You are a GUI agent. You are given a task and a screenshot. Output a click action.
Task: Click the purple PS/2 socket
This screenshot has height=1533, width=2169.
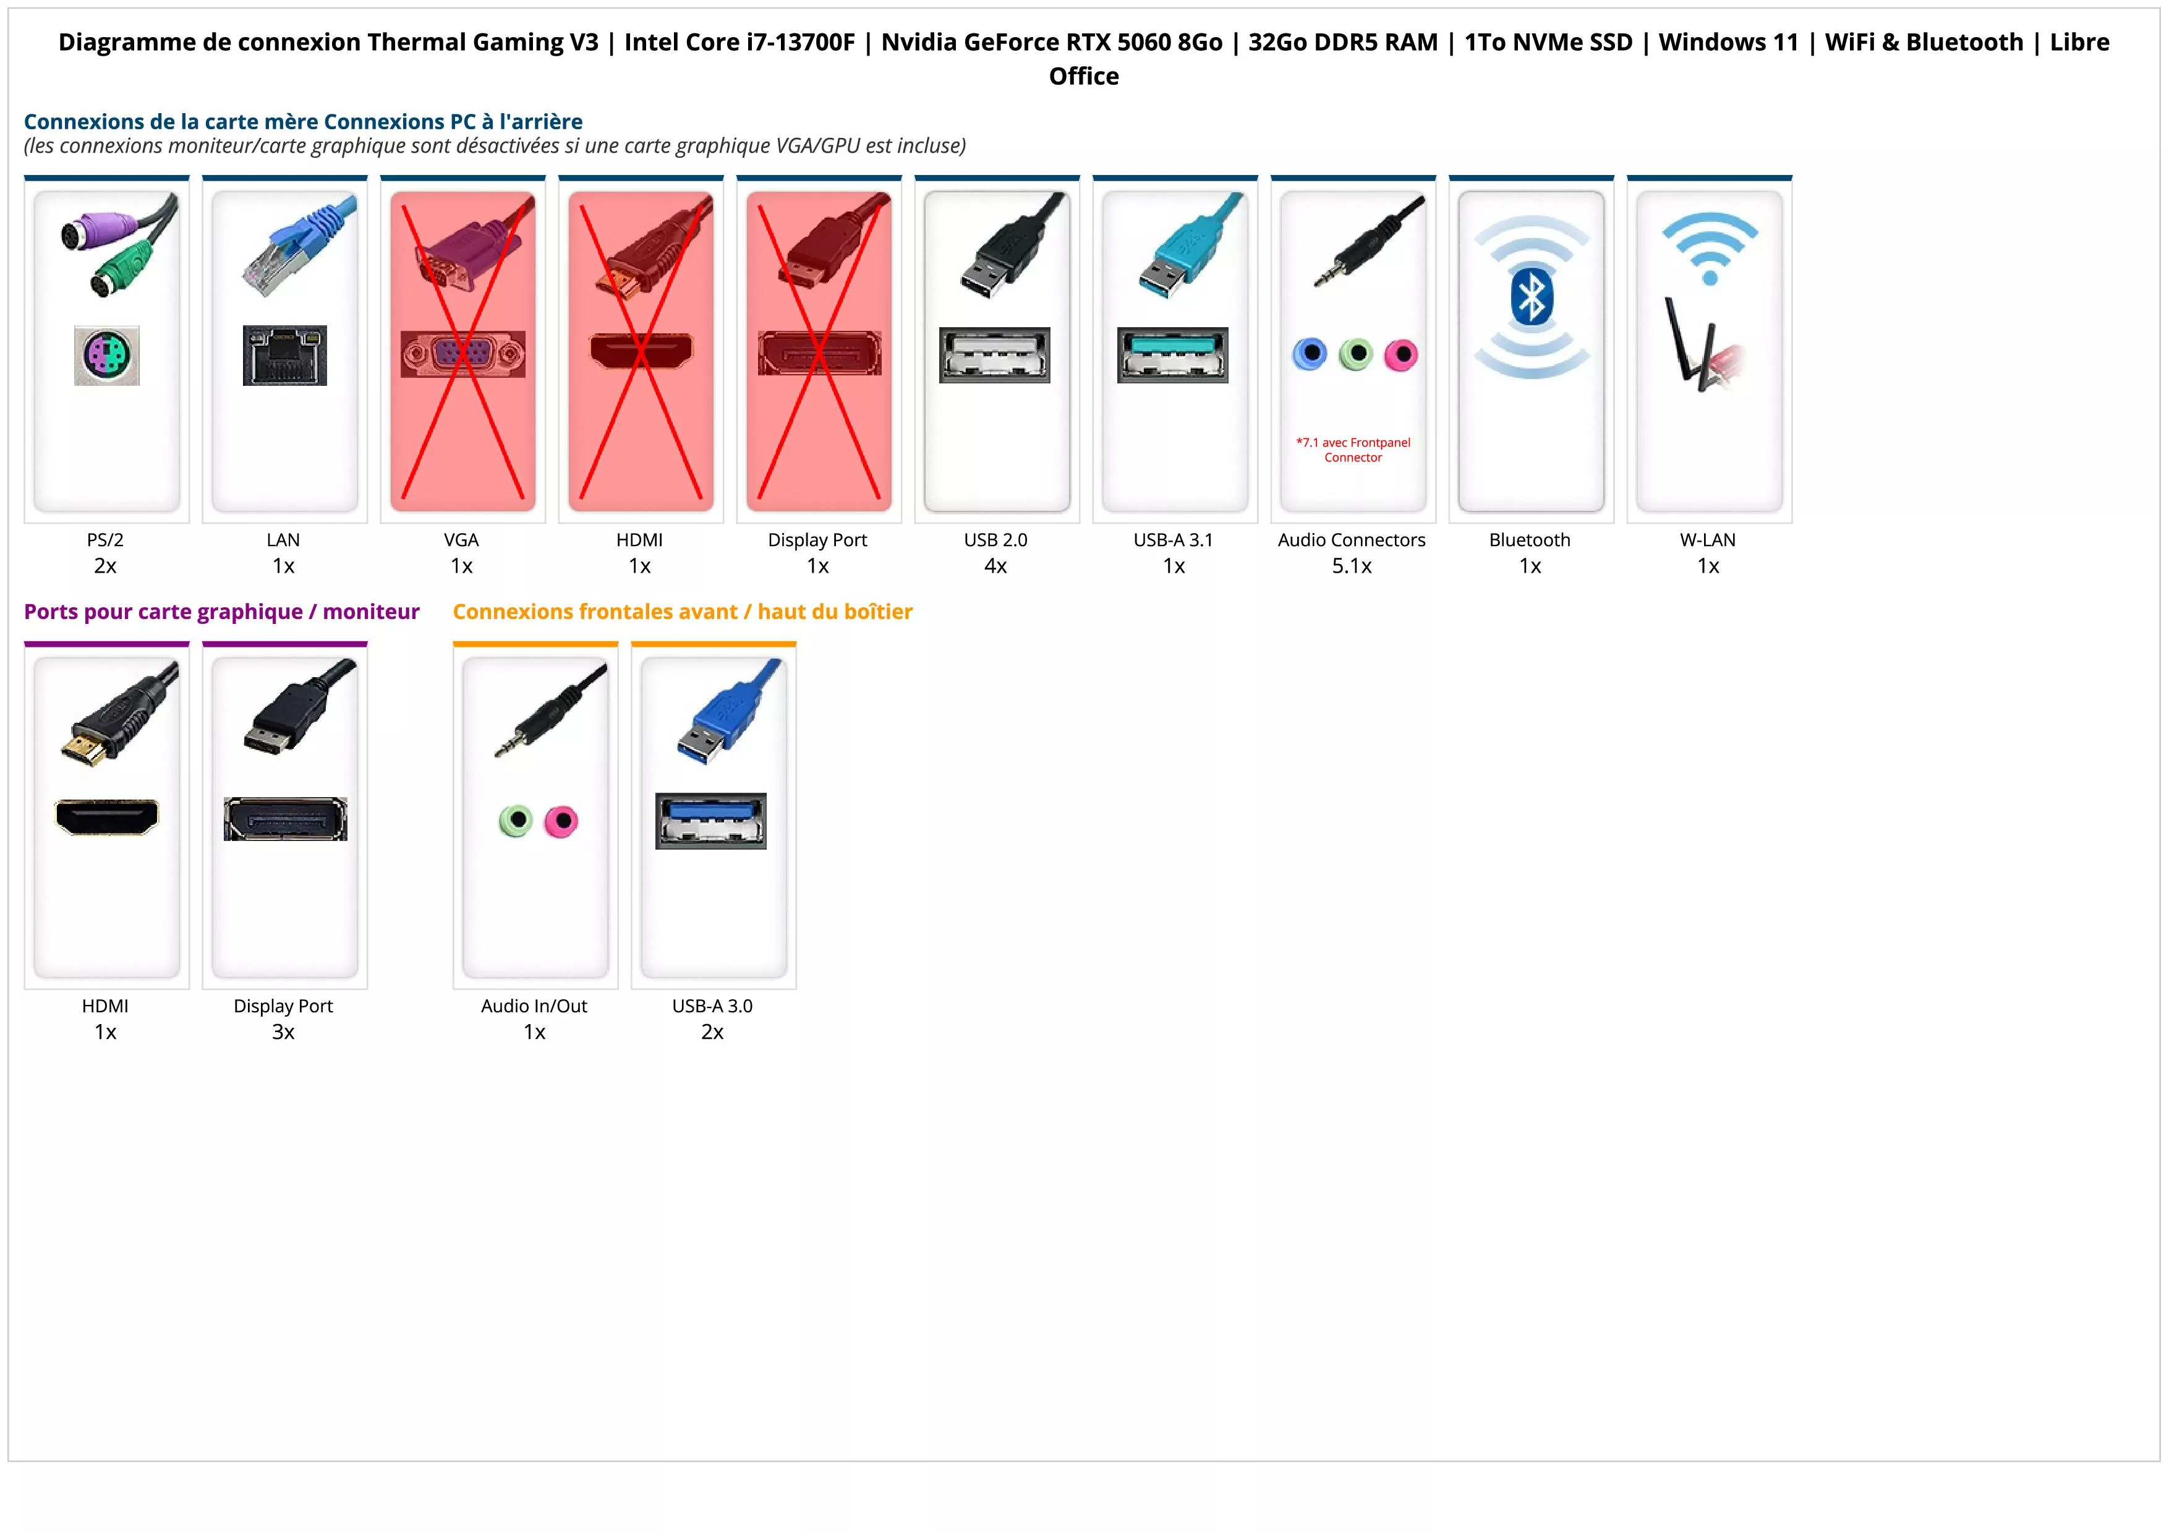[x=107, y=355]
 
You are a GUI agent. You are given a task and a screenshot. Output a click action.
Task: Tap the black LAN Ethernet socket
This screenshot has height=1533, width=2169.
[x=284, y=355]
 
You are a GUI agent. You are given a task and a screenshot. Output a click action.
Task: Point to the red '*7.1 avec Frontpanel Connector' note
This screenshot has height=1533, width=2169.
[x=1353, y=450]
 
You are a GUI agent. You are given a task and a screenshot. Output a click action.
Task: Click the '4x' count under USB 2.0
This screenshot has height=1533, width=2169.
[x=995, y=566]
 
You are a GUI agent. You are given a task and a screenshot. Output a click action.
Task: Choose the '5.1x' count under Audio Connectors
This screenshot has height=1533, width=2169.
[x=1352, y=566]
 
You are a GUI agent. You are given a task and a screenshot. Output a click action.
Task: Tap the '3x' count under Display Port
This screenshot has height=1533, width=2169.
[x=283, y=1031]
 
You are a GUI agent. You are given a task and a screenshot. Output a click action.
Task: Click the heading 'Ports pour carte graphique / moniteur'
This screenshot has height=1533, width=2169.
[x=221, y=612]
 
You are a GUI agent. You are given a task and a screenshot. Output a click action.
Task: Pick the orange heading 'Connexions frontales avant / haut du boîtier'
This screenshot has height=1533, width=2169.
[x=682, y=612]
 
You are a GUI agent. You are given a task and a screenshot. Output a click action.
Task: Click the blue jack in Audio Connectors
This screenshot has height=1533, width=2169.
[x=1310, y=354]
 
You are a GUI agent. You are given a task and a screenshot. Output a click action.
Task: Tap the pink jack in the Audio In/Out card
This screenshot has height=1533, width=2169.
[x=561, y=821]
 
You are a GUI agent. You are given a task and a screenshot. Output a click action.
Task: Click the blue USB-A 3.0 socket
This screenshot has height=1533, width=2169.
[x=711, y=821]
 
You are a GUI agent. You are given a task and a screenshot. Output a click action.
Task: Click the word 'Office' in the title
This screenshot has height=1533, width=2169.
[x=1083, y=77]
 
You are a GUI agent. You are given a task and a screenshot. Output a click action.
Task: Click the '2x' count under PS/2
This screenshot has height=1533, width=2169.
[x=105, y=566]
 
